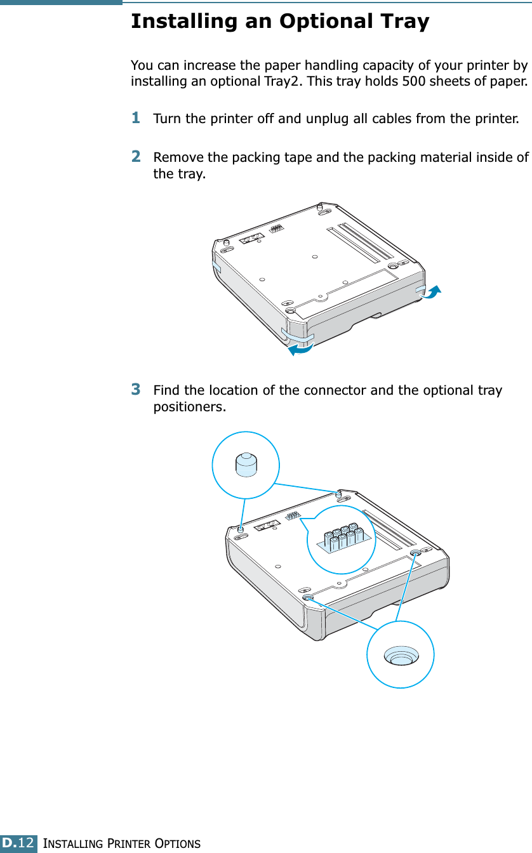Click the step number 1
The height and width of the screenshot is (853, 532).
tap(136, 117)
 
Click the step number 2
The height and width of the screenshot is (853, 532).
tap(136, 156)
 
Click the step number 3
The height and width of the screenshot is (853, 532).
tap(136, 389)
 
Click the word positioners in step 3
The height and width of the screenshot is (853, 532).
tap(189, 407)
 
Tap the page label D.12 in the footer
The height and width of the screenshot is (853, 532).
tap(18, 842)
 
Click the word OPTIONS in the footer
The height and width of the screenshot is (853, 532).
tap(177, 843)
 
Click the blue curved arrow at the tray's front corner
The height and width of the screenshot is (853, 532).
tap(300, 348)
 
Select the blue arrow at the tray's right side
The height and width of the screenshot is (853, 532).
tap(430, 292)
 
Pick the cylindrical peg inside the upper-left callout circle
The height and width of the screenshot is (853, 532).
tap(246, 465)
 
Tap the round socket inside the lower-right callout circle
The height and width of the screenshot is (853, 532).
tap(401, 656)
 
